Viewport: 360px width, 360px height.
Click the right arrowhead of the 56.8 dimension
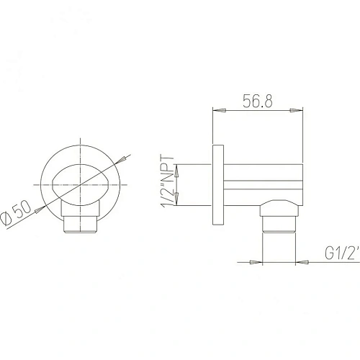296,110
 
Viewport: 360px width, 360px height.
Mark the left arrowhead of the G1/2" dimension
254,263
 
